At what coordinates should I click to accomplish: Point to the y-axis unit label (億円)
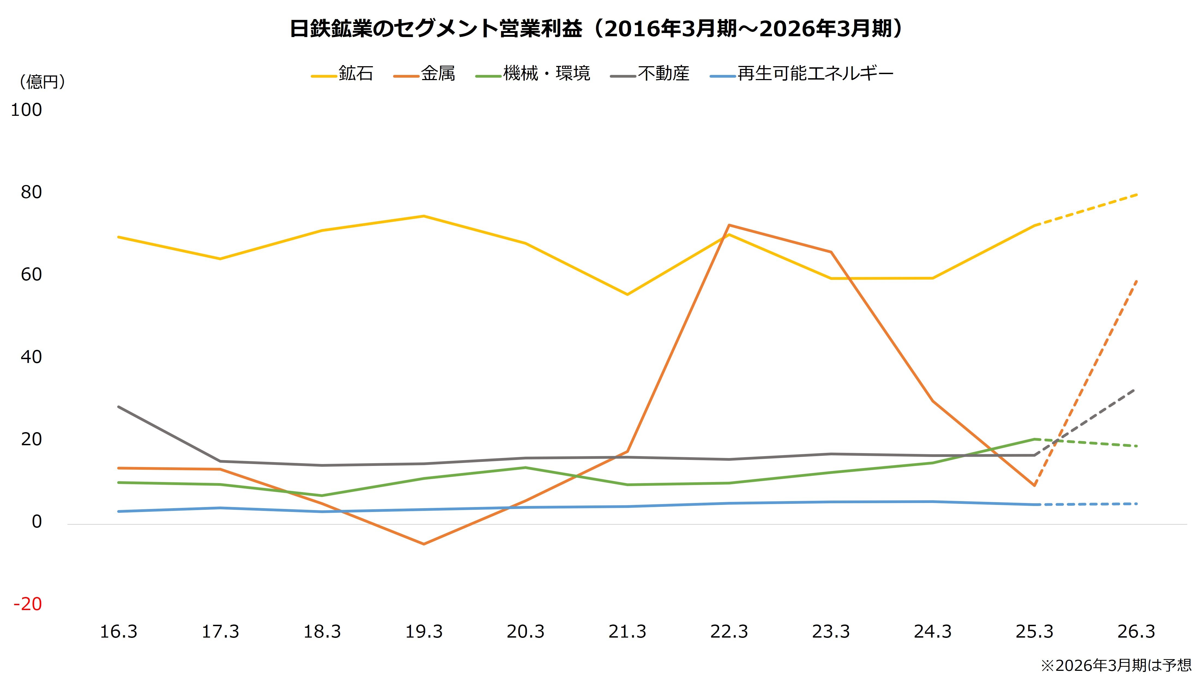pyautogui.click(x=42, y=82)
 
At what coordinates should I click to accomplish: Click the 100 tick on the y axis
pyautogui.click(x=26, y=110)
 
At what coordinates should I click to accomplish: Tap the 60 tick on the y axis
pyautogui.click(x=31, y=275)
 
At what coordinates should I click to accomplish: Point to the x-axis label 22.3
pyautogui.click(x=729, y=631)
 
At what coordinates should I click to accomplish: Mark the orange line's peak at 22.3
pyautogui.click(x=729, y=225)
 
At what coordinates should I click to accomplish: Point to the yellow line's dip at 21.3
pyautogui.click(x=627, y=295)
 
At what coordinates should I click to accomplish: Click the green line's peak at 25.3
pyautogui.click(x=1034, y=439)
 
